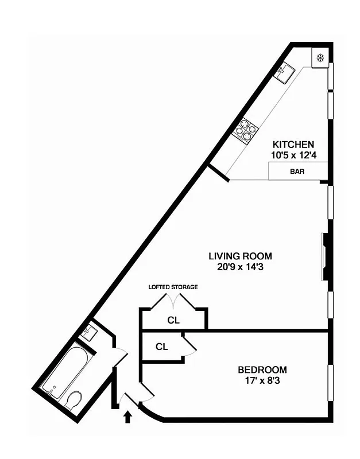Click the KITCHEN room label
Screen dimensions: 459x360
[x=293, y=144]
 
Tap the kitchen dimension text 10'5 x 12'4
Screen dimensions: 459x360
[x=293, y=154]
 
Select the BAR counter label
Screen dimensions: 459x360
[x=297, y=171]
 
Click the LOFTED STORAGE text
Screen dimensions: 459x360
[x=173, y=286]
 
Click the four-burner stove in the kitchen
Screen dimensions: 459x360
[x=245, y=130]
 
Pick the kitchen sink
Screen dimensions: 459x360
[x=285, y=72]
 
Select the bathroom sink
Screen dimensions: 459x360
[x=89, y=332]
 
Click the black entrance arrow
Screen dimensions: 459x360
[x=127, y=415]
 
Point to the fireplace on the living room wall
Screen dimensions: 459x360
[x=325, y=256]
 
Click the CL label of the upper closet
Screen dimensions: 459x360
[x=173, y=320]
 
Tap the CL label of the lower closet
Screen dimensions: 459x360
[x=161, y=347]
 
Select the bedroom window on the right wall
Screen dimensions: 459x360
[x=330, y=382]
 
